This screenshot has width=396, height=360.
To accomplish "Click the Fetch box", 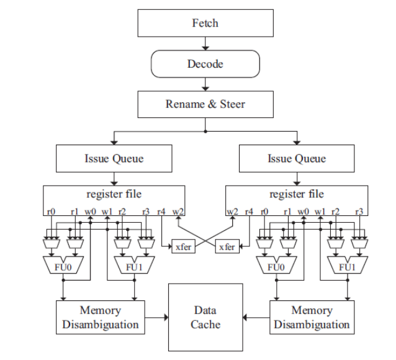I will coord(205,24).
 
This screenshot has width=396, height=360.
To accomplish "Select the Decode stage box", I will coord(205,64).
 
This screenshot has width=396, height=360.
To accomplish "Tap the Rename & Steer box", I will coord(205,104).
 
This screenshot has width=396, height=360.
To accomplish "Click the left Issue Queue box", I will coord(114,158).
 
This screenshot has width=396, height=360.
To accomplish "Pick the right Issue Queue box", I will coord(297,158).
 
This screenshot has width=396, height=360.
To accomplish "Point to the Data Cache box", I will coord(205,317).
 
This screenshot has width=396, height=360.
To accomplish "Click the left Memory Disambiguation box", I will coord(100,317).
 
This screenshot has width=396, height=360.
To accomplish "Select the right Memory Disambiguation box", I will coord(312,317).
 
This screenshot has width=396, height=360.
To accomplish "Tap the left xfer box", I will coord(182,247).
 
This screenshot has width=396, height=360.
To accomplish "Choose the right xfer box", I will coord(227,247).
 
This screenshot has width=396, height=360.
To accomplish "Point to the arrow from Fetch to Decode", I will coord(205,44).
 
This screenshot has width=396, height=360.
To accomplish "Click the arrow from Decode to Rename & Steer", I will coord(205,84).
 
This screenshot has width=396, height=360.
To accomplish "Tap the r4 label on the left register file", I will coord(163,212).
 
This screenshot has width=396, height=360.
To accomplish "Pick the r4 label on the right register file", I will coord(248,212).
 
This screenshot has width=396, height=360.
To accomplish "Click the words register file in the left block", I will coord(114,194).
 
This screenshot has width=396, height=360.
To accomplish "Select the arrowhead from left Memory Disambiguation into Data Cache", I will coord(166,318).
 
